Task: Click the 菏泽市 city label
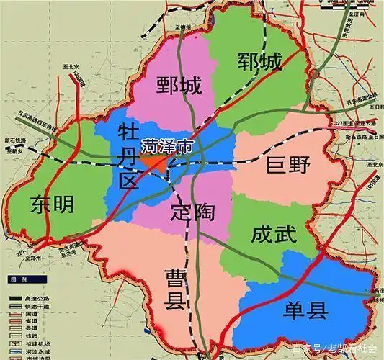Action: click(x=167, y=145)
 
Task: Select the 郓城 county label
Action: click(x=259, y=63)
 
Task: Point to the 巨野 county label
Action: click(x=287, y=166)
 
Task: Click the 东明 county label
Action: click(x=53, y=204)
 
